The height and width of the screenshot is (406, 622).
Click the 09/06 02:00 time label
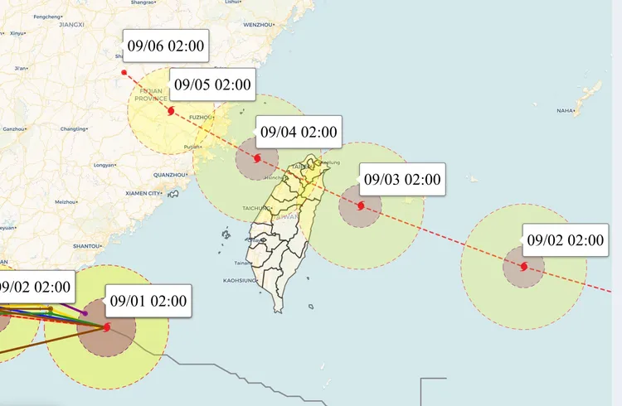(166, 46)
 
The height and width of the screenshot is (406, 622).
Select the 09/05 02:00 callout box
(211, 84)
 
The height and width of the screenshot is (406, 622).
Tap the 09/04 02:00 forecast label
(299, 131)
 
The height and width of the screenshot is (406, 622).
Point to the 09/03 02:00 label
(402, 178)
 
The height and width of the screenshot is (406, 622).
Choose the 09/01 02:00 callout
(148, 300)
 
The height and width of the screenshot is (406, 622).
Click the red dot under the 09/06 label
(124, 72)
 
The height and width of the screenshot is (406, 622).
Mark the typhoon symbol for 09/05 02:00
(170, 110)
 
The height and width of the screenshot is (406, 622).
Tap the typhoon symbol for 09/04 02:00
(257, 158)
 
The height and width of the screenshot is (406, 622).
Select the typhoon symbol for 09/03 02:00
(361, 205)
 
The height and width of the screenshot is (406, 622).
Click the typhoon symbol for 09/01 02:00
(107, 326)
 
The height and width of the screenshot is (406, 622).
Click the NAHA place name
(565, 110)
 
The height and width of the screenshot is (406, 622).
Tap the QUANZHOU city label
(170, 175)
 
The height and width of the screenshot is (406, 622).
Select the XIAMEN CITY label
(142, 193)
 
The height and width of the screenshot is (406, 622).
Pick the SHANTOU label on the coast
(87, 246)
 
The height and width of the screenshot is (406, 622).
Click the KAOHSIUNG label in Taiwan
(239, 281)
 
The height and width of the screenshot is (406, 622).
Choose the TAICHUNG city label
(256, 207)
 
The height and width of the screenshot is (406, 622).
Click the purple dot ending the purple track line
(85, 313)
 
